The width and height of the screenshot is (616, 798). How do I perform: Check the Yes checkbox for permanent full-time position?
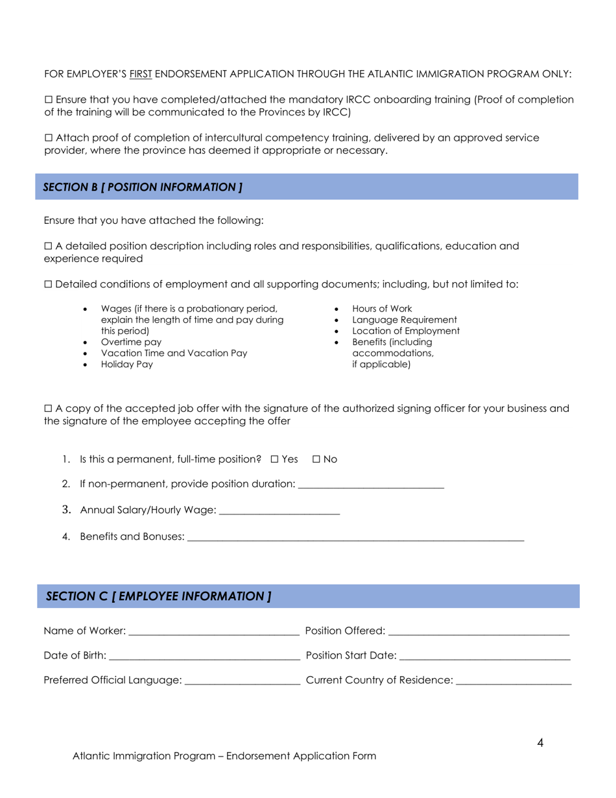point(274,459)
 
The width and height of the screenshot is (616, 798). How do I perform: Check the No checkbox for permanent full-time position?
point(316,459)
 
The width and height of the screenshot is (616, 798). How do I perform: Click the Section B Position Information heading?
point(143,187)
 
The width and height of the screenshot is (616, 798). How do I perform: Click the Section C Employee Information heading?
point(159,596)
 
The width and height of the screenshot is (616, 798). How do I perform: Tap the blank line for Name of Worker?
point(214,631)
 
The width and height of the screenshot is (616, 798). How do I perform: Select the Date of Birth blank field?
point(204,656)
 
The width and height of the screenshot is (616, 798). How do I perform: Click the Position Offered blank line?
point(479,631)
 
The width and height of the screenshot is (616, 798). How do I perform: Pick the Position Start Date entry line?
point(485,656)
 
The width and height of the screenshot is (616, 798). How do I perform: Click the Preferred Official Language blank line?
point(243,681)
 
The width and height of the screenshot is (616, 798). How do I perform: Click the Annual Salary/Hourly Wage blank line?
point(280,511)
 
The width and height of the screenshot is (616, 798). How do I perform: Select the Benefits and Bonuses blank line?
point(355,537)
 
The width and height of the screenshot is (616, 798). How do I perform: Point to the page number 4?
point(540,744)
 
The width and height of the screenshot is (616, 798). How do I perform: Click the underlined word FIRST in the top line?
point(141,75)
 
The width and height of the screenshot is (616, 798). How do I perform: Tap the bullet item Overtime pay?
point(132,342)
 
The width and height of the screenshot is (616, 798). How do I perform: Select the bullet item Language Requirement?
point(404,320)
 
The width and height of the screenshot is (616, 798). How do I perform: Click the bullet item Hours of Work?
point(382,309)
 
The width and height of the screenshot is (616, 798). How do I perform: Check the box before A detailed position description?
point(48,247)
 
